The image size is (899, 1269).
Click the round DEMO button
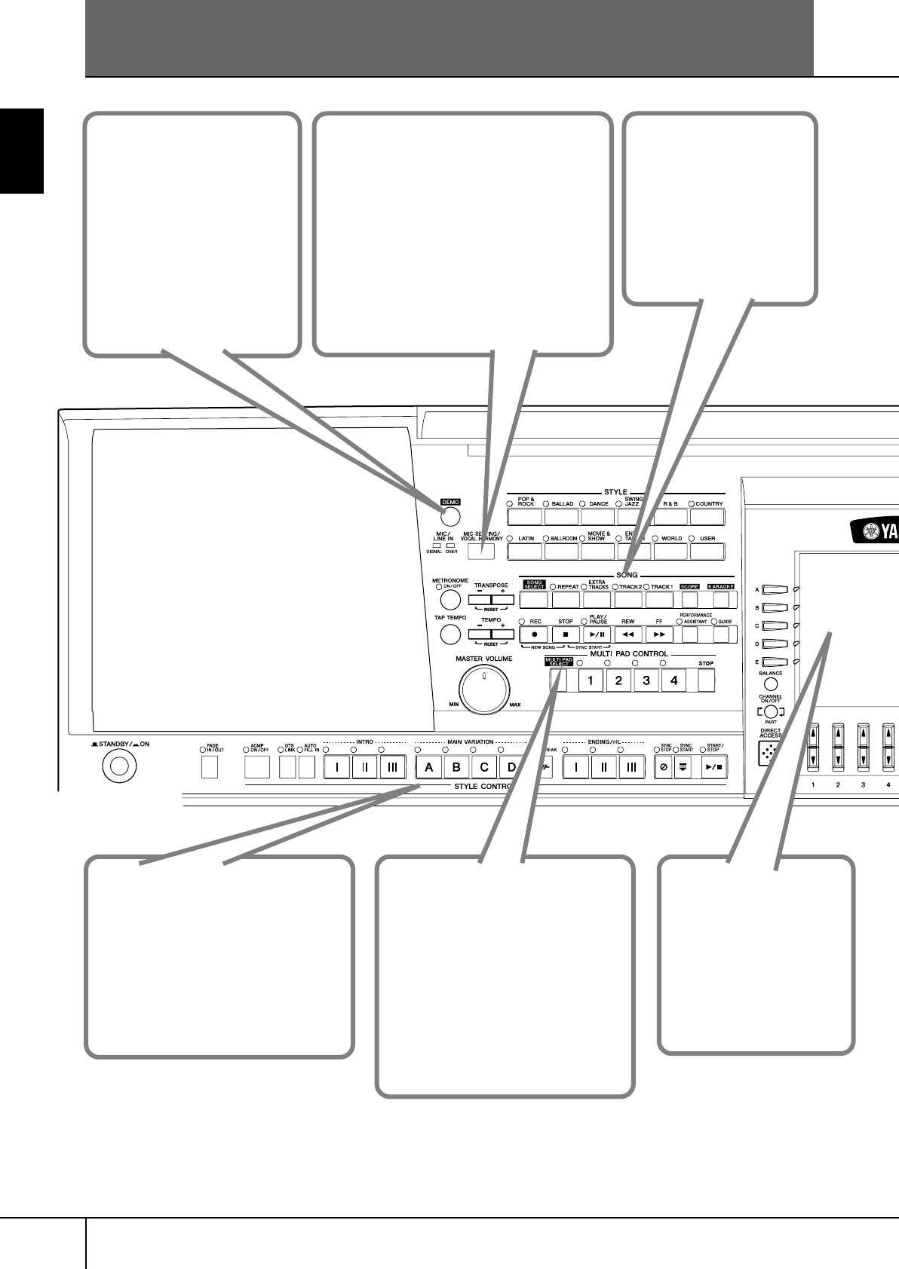[450, 516]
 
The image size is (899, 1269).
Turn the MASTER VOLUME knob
[484, 690]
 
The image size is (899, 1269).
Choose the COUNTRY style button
[707, 517]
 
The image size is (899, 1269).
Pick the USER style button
[707, 552]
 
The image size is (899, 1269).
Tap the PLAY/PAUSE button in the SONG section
[597, 635]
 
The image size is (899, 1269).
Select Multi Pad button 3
[646, 680]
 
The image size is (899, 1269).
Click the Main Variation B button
[456, 767]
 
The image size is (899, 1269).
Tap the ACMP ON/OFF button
[257, 767]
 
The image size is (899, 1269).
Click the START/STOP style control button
[713, 767]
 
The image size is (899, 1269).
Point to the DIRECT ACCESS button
[769, 754]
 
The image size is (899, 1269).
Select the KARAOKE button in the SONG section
[722, 601]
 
